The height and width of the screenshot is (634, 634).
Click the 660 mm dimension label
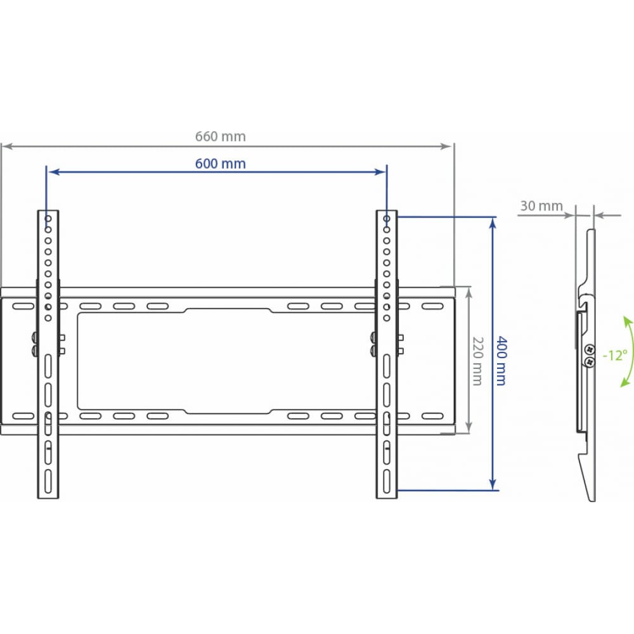coord(221,137)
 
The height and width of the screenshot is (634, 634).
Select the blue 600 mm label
coord(221,164)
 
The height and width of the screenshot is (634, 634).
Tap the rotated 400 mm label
coord(501,360)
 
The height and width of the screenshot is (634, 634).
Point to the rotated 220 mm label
coord(478,361)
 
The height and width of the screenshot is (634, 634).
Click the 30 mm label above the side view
coord(541,206)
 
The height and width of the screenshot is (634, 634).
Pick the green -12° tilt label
coord(615,356)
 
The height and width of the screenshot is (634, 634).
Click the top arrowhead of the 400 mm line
coord(493,223)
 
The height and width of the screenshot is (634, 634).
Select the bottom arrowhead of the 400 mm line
coord(493,484)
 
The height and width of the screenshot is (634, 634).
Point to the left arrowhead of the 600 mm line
coord(55,172)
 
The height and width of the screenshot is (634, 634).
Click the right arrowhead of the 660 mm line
coord(446,146)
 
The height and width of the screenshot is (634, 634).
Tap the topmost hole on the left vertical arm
coord(48,219)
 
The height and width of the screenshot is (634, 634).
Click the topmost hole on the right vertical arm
coord(387,219)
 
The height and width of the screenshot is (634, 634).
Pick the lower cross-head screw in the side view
coord(590,361)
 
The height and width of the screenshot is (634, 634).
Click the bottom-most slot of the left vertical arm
coord(48,482)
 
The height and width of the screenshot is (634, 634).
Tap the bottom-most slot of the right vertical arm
coord(387,482)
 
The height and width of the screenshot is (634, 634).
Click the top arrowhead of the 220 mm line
coord(469,293)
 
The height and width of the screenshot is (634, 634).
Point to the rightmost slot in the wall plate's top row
coord(432,306)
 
